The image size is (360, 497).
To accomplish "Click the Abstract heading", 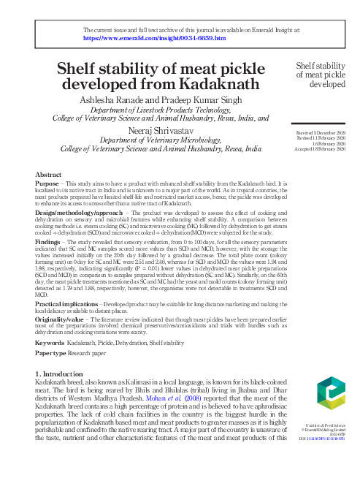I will click(x=49, y=175).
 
